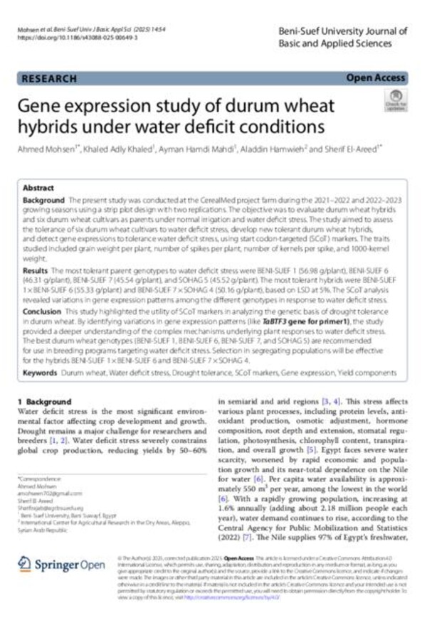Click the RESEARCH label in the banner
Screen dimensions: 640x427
(49, 78)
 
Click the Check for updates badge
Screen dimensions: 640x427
(396, 100)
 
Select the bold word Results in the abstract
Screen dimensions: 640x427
(36, 272)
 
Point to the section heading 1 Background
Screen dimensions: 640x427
(45, 402)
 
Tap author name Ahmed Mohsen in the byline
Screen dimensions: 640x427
(43, 151)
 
